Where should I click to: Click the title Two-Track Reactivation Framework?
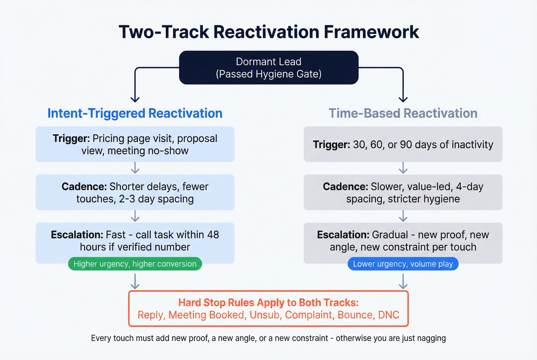268,32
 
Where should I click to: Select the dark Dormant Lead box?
268,67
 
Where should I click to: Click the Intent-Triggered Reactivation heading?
135,113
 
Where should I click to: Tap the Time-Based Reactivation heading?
403,113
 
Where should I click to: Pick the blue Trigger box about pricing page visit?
135,144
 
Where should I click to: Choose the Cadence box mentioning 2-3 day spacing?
135,192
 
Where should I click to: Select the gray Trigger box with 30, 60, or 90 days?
403,144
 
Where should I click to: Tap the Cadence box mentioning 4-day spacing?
403,192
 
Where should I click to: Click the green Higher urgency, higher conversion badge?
135,264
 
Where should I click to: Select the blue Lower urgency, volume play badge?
403,264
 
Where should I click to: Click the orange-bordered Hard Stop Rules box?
268,309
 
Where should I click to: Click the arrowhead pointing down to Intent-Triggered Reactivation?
135,99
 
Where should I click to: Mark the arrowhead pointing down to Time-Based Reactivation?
403,99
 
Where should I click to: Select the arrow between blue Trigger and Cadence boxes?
135,168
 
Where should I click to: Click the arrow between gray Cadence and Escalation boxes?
403,216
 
